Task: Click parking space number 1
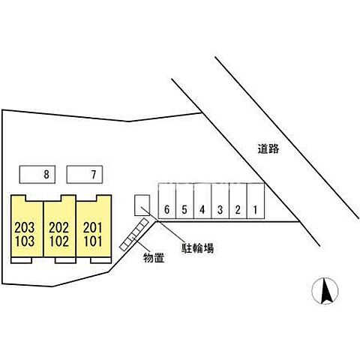(256, 201)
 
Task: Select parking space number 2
(238, 201)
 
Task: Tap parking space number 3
(220, 201)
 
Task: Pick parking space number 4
(202, 201)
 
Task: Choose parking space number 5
(184, 201)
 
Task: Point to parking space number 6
(167, 201)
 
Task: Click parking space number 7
(85, 175)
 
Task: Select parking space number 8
(37, 175)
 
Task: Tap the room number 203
(25, 228)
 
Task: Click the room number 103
(25, 241)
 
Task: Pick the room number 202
(58, 228)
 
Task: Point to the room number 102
(58, 241)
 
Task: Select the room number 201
(93, 228)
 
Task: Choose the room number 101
(93, 241)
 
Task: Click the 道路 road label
(268, 149)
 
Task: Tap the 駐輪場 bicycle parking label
(197, 248)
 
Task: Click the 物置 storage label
(154, 258)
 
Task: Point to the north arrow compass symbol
(325, 291)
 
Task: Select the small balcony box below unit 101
(100, 260)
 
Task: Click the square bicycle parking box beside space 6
(142, 205)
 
